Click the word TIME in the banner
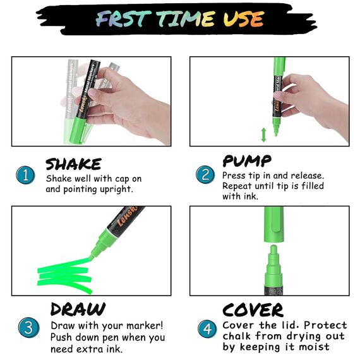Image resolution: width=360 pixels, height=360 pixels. (186, 18)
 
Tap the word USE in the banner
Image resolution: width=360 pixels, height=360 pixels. (244, 18)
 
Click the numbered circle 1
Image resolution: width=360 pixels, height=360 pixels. (25, 175)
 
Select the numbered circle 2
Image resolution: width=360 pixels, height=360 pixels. (205, 174)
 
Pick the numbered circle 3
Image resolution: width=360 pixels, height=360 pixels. (28, 327)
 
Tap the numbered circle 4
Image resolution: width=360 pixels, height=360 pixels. (207, 329)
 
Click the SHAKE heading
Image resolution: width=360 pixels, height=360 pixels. (73, 164)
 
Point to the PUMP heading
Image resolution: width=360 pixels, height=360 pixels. (247, 160)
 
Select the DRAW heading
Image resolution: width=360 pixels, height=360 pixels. (78, 309)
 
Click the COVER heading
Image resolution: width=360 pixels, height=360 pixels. (253, 310)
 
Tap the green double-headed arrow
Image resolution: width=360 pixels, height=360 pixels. (263, 135)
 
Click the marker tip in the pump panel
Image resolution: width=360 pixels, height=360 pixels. (276, 131)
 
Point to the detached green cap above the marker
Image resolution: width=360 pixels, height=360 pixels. (273, 224)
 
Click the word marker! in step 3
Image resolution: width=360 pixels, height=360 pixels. (145, 325)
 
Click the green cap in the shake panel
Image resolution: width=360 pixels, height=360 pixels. (79, 129)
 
